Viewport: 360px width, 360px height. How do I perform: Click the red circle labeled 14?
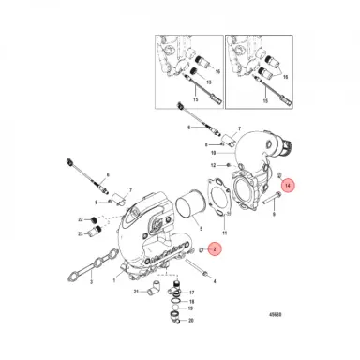pyautogui.click(x=289, y=187)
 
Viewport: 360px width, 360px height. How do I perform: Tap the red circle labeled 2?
pyautogui.click(x=213, y=249)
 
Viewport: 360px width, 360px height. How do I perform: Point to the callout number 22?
pyautogui.click(x=82, y=219)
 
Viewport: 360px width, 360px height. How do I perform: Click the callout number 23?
pyautogui.click(x=82, y=232)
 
